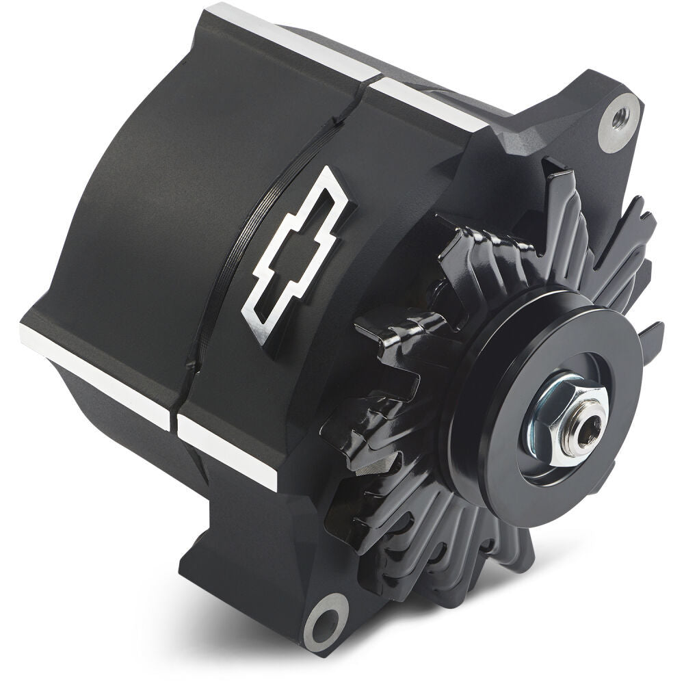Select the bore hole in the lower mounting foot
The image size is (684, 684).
tap(321, 624)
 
